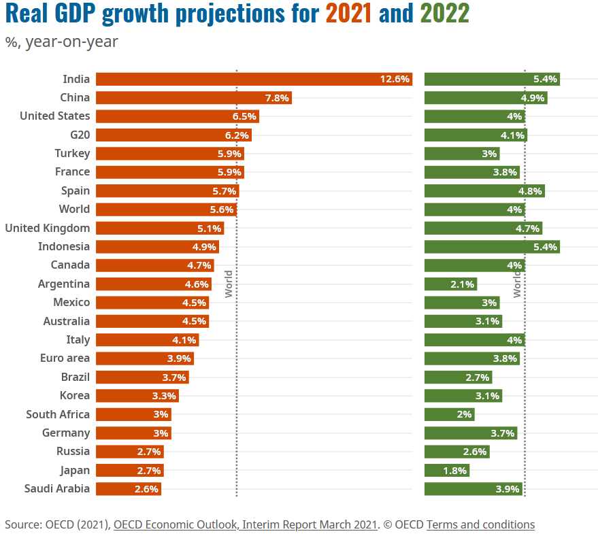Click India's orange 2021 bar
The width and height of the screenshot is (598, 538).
coord(254,79)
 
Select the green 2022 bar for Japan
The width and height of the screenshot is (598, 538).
coord(446,470)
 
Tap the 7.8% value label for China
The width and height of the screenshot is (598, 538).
coord(277,98)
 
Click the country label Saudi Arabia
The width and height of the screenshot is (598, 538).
coord(57,488)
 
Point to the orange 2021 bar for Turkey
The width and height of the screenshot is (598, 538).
coord(169,154)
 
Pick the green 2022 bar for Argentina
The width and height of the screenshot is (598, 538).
coord(450,284)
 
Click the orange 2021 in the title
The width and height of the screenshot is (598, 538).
coord(348,13)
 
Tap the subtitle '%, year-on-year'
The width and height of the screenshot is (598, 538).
coord(62,42)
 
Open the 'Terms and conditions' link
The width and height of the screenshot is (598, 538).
coord(480,524)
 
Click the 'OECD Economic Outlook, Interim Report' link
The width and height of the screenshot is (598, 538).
coord(245,524)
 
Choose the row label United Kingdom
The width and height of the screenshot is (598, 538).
coord(48,228)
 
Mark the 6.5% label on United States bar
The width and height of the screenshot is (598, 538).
coord(244,116)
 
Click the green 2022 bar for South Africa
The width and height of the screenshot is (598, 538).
coord(449,414)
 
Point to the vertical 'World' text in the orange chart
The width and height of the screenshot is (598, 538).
coord(229,284)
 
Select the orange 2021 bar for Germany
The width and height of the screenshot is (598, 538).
coord(133,433)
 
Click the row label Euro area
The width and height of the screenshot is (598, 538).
coord(65,358)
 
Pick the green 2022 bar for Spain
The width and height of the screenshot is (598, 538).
coord(484,191)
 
